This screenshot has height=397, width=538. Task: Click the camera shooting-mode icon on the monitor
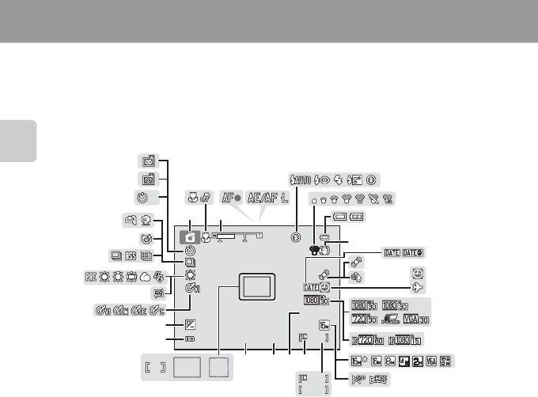coord(190,236)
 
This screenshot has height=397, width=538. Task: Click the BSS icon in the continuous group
coord(132,255)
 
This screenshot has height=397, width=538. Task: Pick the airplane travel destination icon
coord(417,289)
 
